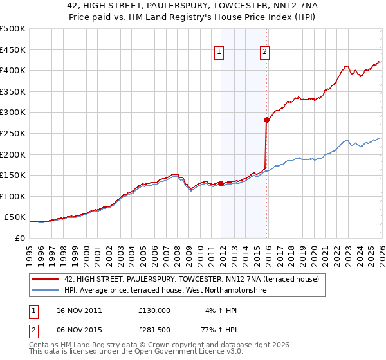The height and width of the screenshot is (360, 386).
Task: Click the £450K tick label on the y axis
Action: click(13, 50)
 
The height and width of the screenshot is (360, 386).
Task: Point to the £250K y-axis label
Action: click(13, 133)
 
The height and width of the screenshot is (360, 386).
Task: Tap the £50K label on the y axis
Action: click(15, 217)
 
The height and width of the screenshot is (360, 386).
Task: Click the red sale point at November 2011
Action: click(221, 183)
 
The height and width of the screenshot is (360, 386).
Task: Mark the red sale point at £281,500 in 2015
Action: click(266, 120)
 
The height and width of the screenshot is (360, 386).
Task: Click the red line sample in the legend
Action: click(46, 279)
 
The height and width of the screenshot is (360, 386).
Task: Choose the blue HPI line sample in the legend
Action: click(46, 291)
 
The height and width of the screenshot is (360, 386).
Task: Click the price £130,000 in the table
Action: click(154, 310)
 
